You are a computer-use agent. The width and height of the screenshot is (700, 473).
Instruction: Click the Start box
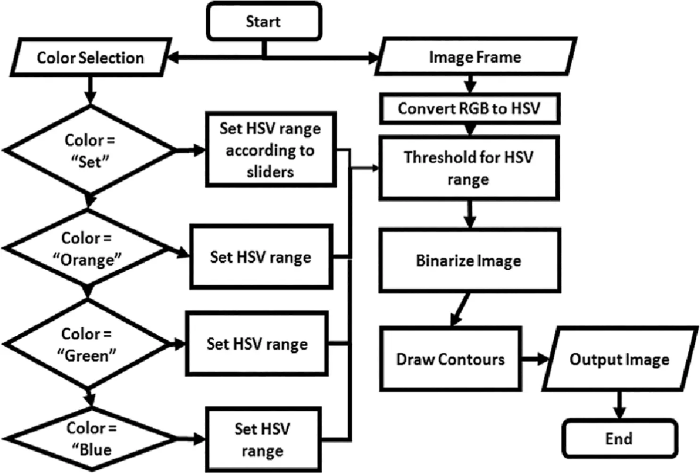point(264,21)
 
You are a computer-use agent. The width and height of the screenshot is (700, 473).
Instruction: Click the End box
point(619,439)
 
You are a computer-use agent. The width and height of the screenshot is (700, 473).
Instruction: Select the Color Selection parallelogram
point(90,58)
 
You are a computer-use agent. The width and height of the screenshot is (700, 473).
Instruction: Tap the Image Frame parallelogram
point(475,57)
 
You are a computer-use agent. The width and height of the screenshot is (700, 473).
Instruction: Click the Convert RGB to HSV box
point(469,108)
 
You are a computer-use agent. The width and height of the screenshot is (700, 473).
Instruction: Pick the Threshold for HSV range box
point(468,168)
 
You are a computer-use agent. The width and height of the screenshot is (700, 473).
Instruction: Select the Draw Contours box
point(450,359)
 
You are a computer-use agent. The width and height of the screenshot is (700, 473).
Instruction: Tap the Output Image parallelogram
point(619,359)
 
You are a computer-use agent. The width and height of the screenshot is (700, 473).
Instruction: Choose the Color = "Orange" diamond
point(87,249)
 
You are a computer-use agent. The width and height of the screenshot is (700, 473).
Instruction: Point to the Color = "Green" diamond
point(87,345)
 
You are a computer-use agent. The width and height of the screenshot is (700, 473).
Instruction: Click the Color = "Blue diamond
point(91,439)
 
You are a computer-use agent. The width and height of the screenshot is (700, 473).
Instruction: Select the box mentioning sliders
point(270,150)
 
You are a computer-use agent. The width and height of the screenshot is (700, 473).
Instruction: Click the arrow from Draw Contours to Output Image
point(534,359)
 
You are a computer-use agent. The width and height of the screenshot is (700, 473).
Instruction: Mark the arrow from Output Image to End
point(619,405)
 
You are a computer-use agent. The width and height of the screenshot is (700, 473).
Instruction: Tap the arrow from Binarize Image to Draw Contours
point(460,309)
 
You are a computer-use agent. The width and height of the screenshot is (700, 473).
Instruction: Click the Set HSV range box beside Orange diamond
point(261,257)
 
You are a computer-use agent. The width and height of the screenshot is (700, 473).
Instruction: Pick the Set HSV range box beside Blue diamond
point(263,440)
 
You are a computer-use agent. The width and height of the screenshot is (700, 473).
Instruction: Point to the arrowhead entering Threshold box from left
point(375,168)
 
